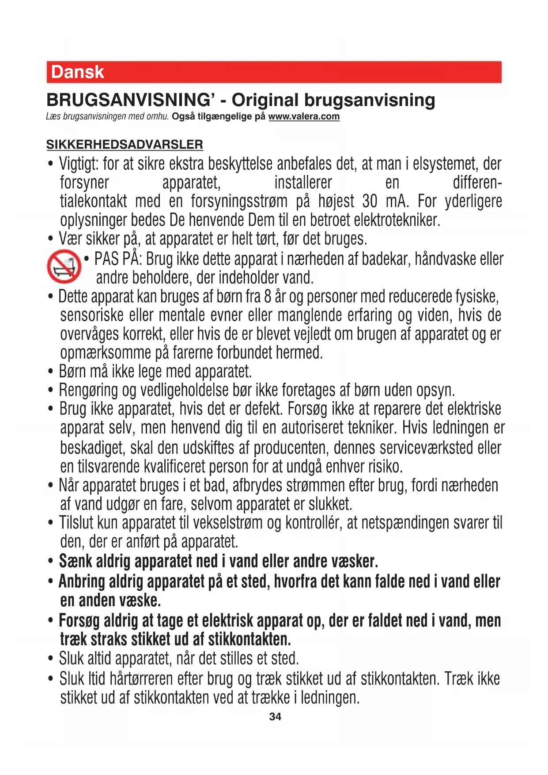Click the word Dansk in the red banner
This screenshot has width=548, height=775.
pyautogui.click(x=78, y=72)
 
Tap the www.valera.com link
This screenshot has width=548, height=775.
pyautogui.click(x=304, y=117)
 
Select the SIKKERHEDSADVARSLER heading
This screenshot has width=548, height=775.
pyautogui.click(x=125, y=144)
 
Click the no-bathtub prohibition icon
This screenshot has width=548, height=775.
pyautogui.click(x=64, y=266)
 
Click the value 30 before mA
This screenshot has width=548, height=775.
pyautogui.click(x=370, y=201)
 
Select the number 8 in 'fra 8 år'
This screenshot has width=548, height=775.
pyautogui.click(x=268, y=296)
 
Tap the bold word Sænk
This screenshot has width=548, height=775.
pyautogui.click(x=76, y=561)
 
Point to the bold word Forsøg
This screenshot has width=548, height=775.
pyautogui.click(x=79, y=621)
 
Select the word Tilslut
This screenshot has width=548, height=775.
pyautogui.click(x=76, y=523)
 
